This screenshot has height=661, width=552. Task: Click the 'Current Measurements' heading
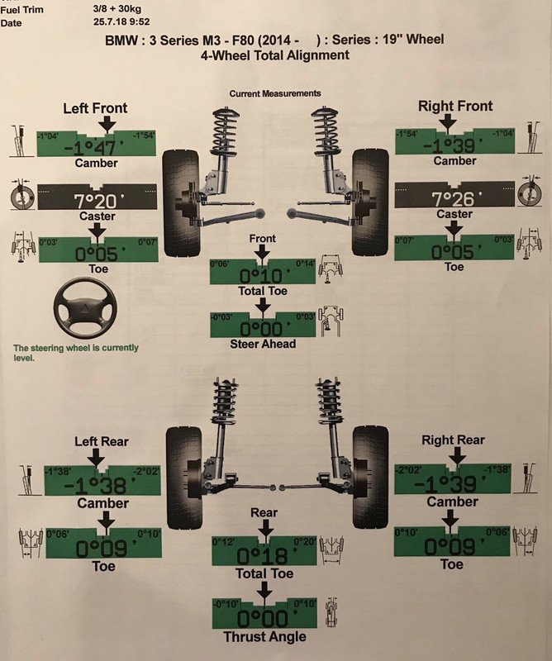(x=275, y=94)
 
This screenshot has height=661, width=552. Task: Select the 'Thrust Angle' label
(x=264, y=636)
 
